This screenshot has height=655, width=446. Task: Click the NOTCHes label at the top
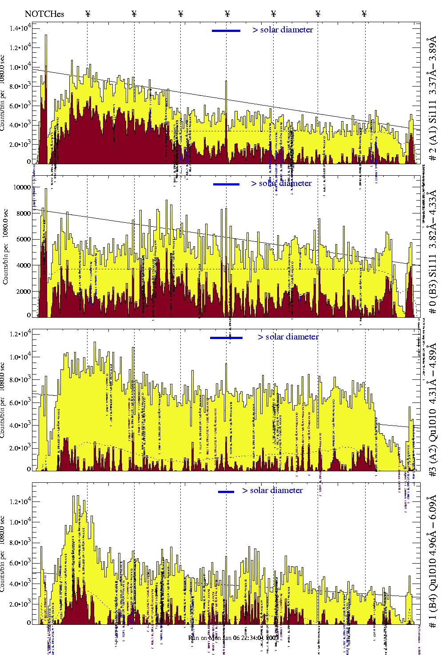(44, 14)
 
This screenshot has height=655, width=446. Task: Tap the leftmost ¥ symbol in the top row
(88, 14)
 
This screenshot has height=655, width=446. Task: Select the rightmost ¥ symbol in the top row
(364, 14)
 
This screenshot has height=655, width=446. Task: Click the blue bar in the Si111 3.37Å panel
(226, 31)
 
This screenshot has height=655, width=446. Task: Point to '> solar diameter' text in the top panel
(283, 30)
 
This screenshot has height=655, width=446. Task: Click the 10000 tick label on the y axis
(22, 187)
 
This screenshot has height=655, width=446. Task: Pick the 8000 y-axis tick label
(23, 213)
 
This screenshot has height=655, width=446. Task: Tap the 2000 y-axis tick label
(23, 292)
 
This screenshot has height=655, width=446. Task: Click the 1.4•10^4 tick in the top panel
(20, 28)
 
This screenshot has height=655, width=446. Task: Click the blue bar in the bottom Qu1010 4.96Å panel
(226, 492)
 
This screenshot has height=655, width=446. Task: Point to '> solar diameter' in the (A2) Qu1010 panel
(288, 337)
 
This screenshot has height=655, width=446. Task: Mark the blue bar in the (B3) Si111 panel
(226, 184)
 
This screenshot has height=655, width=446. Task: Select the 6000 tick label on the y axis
(23, 240)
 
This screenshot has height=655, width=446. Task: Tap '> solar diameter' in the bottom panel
(273, 490)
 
